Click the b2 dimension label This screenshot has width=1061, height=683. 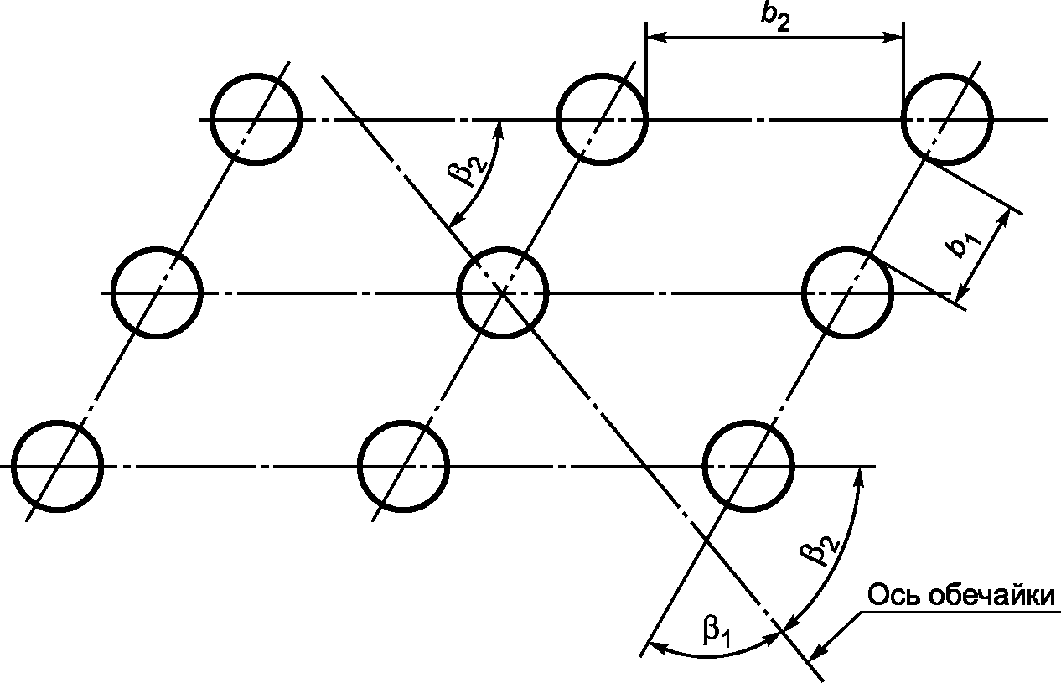tap(776, 18)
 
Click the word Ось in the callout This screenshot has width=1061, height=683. tap(891, 597)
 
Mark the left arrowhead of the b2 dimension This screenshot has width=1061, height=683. tap(655, 37)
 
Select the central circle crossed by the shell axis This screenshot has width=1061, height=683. tap(503, 292)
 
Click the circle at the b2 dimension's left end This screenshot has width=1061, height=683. tap(601, 119)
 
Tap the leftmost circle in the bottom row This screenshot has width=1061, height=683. tap(57, 466)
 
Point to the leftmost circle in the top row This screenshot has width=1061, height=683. tap(255, 118)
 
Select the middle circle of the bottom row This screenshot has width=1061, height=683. tap(403, 466)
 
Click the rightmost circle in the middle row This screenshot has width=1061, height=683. tap(847, 292)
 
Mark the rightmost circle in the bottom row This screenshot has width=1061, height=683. tap(748, 466)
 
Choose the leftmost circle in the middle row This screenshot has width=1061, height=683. tap(157, 292)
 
